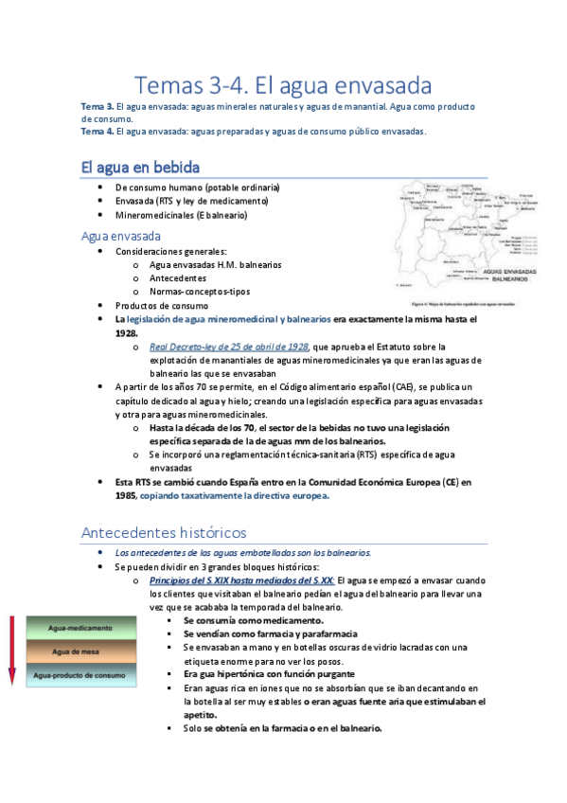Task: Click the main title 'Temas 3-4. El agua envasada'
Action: pos(283,84)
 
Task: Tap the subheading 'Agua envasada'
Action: pos(121,236)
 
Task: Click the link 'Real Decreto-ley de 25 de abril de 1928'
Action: pos(229,347)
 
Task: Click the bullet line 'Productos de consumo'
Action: pos(162,306)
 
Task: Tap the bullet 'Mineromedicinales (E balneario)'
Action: pos(181,215)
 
